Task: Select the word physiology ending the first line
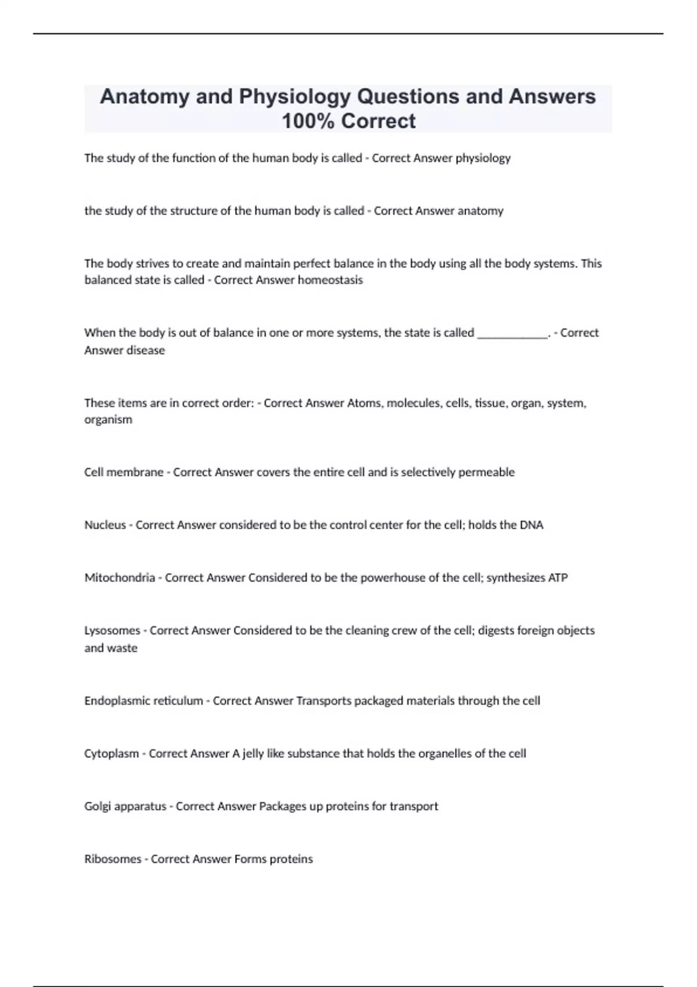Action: coord(483,158)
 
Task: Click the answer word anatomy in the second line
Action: coord(480,211)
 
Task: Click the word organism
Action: coord(108,420)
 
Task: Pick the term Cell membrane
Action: coord(124,472)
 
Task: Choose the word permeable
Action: coord(486,472)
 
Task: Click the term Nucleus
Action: coord(105,525)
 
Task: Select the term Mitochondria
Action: coord(120,578)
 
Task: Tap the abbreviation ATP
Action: coord(558,578)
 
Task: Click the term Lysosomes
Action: coord(112,630)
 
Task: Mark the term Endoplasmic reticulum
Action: coord(143,701)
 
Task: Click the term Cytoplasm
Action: coord(112,754)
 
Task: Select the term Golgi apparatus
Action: coord(125,806)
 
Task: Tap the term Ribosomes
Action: coord(113,859)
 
